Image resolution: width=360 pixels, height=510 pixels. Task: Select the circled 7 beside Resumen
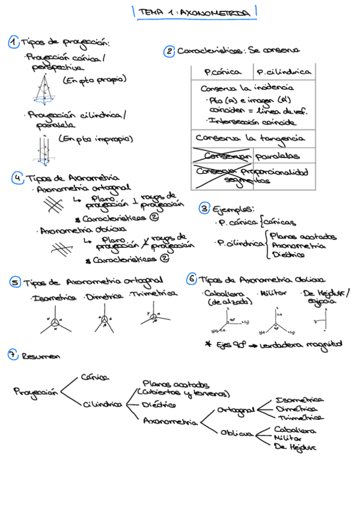pyautogui.click(x=13, y=354)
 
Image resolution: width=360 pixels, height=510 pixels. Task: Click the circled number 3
pyautogui.click(x=204, y=209)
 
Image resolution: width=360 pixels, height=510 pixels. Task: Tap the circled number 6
pyautogui.click(x=191, y=279)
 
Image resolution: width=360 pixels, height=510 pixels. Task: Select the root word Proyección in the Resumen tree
pyautogui.click(x=36, y=392)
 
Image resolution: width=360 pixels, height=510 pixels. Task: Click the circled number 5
pyautogui.click(x=15, y=282)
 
